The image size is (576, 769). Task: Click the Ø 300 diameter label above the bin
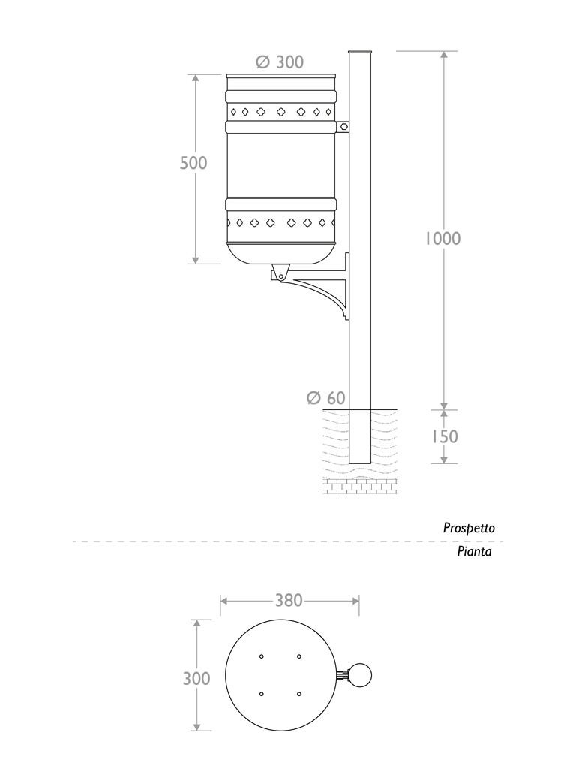point(280,62)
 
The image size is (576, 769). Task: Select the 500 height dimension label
point(193,163)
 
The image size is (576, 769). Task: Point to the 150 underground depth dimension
point(444,436)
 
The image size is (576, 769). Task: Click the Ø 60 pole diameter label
point(326,398)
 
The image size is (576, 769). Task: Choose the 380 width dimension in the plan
point(289,600)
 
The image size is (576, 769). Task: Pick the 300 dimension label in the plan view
point(196,679)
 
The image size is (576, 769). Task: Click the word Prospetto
point(469,529)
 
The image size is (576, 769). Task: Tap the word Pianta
point(474,552)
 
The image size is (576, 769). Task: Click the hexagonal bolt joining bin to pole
point(343,127)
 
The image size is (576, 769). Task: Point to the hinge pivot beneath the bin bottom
point(280,275)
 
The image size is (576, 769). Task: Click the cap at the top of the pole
point(361,52)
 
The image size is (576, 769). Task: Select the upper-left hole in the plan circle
point(262,657)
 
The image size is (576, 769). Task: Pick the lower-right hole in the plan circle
point(298,693)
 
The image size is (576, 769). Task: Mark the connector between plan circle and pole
point(343,675)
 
